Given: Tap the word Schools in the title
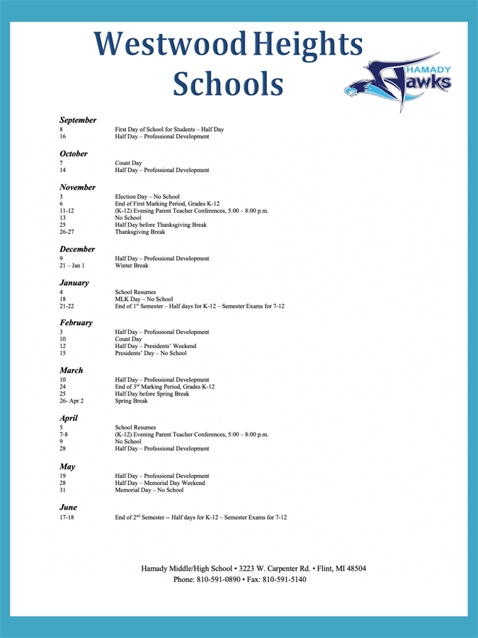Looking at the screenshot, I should coord(228,84).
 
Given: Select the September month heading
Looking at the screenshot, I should coord(78,121).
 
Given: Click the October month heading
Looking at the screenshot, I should coord(74,154).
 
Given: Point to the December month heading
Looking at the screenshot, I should coord(77,250).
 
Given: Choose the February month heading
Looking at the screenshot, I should coord(76,323).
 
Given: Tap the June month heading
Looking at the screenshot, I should coord(68,508).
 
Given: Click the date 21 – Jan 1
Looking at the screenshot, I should coord(72,266).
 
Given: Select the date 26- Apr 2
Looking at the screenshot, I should coord(72,401).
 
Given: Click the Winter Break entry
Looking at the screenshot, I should coord(132,266).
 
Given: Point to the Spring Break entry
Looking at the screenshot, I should coord(132,401).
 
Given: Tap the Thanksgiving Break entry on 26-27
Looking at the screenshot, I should coord(140,232).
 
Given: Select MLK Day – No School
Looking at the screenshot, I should coord(144,299).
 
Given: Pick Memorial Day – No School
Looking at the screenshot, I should coord(149,490).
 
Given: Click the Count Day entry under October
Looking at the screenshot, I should coord(128,163).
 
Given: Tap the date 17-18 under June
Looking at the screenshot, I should coord(67,517).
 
